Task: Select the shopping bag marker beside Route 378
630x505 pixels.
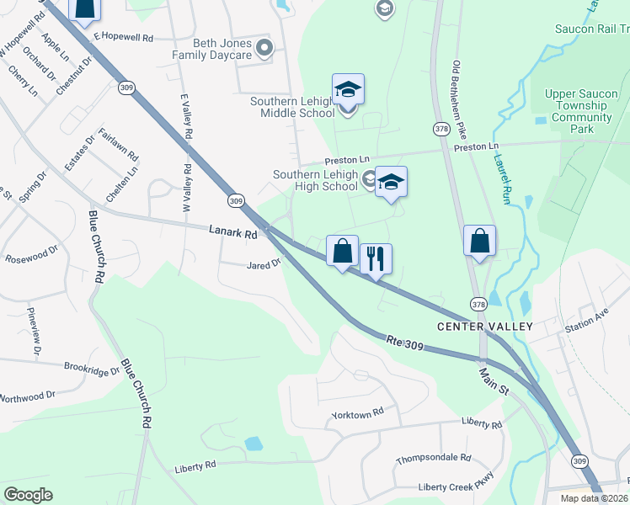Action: (479, 242)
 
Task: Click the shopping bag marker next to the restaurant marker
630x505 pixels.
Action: (342, 252)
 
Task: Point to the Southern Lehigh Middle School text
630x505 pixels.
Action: (293, 107)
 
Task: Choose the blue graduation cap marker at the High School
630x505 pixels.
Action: (391, 183)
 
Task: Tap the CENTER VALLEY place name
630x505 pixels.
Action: (472, 326)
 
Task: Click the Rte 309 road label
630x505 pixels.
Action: (405, 342)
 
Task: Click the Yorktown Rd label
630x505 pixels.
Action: (358, 412)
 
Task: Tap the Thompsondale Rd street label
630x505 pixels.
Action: (434, 459)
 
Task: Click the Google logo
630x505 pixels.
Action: (29, 494)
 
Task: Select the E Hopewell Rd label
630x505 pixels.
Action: (124, 38)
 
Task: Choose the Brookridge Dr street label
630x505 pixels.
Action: (92, 369)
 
